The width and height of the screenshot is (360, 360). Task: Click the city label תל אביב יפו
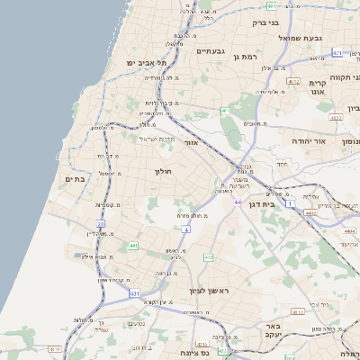[x=148, y=63]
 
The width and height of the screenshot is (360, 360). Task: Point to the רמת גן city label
[x=244, y=57]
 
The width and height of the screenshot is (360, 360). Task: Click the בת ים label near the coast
[x=75, y=180]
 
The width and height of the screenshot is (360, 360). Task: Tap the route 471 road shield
[x=337, y=53]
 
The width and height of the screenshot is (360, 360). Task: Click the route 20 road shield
[x=101, y=224]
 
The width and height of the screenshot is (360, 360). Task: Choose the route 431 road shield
[x=135, y=293]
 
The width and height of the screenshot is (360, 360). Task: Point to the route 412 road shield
[x=209, y=257]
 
